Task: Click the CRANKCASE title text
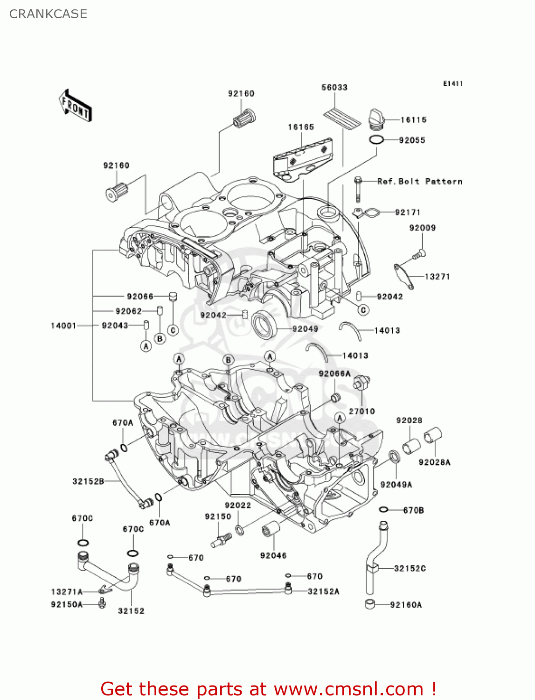click(48, 14)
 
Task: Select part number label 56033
click(334, 87)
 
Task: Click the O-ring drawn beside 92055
click(376, 140)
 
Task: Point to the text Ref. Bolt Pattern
click(419, 182)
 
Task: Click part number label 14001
click(63, 325)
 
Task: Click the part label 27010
click(361, 411)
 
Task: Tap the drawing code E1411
click(452, 84)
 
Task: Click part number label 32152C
click(410, 568)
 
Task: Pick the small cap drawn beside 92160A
click(371, 604)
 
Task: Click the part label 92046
click(273, 555)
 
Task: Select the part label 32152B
click(88, 481)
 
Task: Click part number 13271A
click(67, 592)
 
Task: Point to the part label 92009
click(422, 228)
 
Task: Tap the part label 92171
click(408, 212)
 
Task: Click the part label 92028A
click(434, 462)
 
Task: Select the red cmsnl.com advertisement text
click(268, 689)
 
